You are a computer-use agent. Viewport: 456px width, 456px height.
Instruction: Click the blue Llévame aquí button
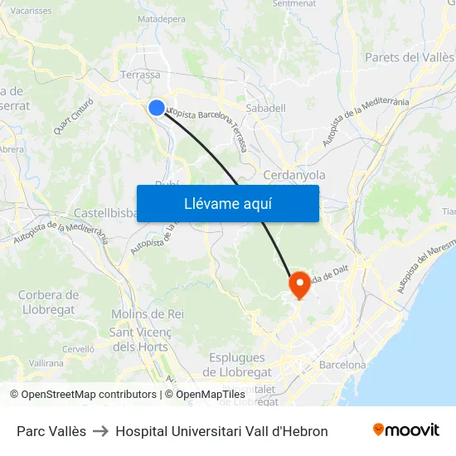click(227, 203)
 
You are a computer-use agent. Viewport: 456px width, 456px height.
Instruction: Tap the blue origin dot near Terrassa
click(157, 107)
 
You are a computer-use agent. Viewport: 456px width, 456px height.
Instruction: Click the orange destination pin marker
click(298, 285)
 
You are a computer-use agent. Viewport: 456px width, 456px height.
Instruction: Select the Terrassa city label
click(140, 75)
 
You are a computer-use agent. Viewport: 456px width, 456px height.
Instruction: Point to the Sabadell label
click(266, 108)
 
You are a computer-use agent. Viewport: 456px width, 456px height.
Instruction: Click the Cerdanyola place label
click(293, 175)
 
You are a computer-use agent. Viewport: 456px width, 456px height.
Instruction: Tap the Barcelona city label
click(342, 365)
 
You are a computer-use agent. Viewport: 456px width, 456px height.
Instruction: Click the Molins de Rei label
click(147, 314)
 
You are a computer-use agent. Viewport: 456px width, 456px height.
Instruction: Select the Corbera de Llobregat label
click(48, 302)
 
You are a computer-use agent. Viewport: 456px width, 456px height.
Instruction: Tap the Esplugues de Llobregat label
click(237, 365)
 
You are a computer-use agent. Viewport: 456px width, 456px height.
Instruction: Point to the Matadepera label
click(161, 18)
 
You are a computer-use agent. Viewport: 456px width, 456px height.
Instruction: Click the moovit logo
click(405, 430)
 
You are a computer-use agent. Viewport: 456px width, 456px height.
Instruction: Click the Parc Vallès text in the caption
click(51, 431)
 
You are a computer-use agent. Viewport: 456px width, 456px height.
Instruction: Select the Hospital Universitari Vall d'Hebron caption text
click(221, 431)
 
